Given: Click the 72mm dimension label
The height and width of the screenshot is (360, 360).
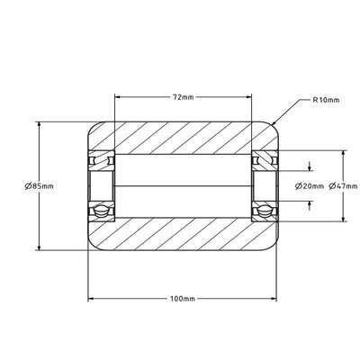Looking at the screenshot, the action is (183, 97).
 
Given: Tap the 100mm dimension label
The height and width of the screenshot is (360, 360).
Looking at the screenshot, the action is (183, 299).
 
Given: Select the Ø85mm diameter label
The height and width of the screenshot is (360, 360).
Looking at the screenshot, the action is (39, 186).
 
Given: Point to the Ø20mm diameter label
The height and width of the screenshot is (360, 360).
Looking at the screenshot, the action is (310, 186).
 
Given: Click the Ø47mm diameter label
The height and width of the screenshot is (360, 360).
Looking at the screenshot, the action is (343, 186).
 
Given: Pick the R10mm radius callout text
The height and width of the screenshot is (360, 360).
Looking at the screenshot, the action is (326, 100).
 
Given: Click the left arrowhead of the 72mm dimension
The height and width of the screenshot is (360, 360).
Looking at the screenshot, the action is (118, 97).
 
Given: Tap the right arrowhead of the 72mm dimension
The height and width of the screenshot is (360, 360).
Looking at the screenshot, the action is (248, 97).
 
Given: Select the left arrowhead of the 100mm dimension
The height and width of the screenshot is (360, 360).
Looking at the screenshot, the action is (91, 299).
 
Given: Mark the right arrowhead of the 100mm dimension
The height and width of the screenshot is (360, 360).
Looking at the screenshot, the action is (274, 299).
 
